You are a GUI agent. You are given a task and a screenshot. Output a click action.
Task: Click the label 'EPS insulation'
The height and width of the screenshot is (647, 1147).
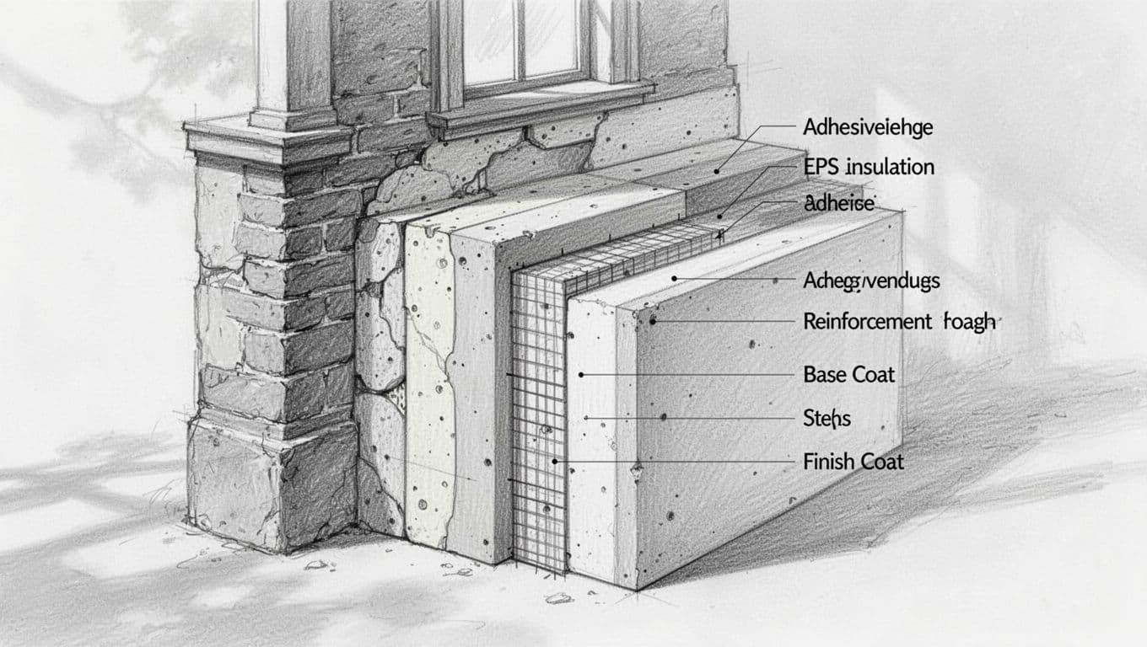point(869,167)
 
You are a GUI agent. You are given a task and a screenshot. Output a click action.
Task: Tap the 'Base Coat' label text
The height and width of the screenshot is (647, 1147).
point(849,374)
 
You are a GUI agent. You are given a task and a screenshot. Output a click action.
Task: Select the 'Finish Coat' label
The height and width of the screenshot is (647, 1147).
point(854,462)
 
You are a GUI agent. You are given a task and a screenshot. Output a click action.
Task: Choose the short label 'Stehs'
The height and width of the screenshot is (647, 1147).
point(827,417)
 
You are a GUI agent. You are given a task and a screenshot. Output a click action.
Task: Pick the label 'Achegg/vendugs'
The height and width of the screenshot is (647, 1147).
point(872,281)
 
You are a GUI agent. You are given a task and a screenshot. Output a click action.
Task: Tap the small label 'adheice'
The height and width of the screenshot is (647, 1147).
point(840,202)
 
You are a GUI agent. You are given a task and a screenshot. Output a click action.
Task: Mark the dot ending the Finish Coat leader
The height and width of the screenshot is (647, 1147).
point(555,462)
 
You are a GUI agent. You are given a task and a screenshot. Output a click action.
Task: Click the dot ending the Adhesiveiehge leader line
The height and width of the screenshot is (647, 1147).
point(716,171)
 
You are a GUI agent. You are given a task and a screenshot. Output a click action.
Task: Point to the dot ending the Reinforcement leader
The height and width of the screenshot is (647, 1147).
point(653,321)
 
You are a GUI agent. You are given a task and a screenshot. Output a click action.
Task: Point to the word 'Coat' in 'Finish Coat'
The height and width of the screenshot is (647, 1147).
point(879,462)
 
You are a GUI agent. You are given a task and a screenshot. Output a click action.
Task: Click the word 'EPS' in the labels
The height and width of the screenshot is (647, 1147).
point(822,167)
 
